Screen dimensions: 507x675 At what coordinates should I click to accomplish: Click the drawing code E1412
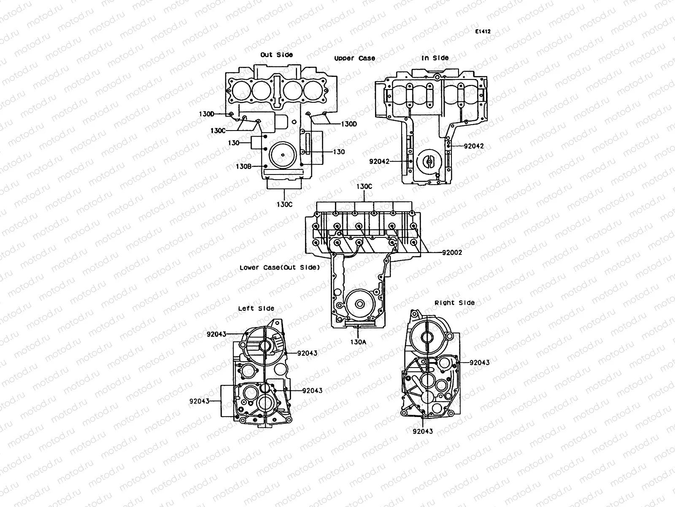point(483,32)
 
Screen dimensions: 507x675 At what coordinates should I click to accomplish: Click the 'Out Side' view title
point(276,55)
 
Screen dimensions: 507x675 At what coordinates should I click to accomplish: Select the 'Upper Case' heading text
point(354,58)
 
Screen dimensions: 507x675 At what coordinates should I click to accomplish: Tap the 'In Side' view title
point(435,58)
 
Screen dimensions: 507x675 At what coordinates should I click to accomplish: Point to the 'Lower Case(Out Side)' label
point(279,267)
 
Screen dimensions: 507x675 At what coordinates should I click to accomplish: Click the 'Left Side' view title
point(256,308)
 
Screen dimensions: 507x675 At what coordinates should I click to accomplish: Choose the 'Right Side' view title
point(454,303)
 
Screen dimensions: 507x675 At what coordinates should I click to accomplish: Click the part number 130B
point(243,166)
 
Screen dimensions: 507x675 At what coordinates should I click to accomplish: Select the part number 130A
point(358,342)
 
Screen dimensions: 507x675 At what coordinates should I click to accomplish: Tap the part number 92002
point(452,253)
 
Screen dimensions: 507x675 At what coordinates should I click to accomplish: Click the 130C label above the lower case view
point(364,186)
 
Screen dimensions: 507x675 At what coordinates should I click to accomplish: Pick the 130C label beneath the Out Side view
point(284,204)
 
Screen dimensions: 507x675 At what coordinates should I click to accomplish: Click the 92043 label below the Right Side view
point(423,431)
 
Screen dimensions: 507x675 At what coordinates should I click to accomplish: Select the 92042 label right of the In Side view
point(473,146)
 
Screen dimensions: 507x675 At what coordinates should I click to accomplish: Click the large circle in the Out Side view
point(282,155)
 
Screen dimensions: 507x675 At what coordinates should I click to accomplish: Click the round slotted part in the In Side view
point(429,161)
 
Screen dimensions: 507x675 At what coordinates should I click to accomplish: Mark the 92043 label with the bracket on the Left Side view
point(199,401)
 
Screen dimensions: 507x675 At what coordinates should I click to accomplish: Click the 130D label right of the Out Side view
point(348,124)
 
